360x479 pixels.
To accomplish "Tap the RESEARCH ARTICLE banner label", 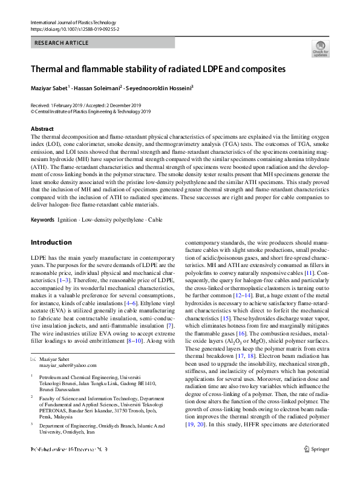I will (x=62, y=43).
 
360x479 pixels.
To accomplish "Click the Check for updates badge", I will (x=320, y=48).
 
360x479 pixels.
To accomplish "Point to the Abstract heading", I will (x=42, y=129).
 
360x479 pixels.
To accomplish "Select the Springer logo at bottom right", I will (x=319, y=466).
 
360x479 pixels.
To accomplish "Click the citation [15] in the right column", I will (x=225, y=317).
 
